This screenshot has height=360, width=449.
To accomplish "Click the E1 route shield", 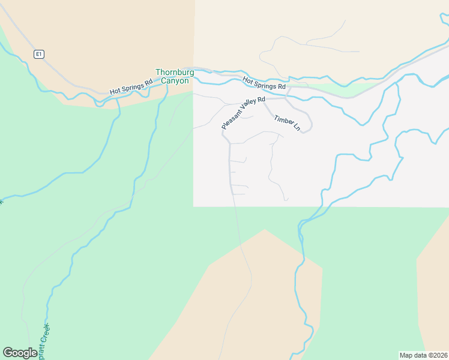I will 39,54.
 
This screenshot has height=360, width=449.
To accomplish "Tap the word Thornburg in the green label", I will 174,73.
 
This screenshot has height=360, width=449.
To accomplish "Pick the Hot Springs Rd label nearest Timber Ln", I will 264,83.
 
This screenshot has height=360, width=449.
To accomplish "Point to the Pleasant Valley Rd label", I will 243,113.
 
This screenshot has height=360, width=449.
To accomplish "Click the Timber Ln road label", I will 287,123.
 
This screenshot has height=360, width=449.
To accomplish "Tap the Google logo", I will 20,353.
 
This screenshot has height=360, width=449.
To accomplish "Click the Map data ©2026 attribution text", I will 424,355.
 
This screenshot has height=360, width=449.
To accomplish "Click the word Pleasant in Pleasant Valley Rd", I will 232,119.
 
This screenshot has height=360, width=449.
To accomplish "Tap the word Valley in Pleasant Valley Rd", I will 248,107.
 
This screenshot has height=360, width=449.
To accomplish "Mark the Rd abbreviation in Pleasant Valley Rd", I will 261,99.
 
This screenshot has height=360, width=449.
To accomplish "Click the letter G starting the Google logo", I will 8,353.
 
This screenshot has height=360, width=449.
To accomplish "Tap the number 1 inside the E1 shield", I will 41,54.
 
